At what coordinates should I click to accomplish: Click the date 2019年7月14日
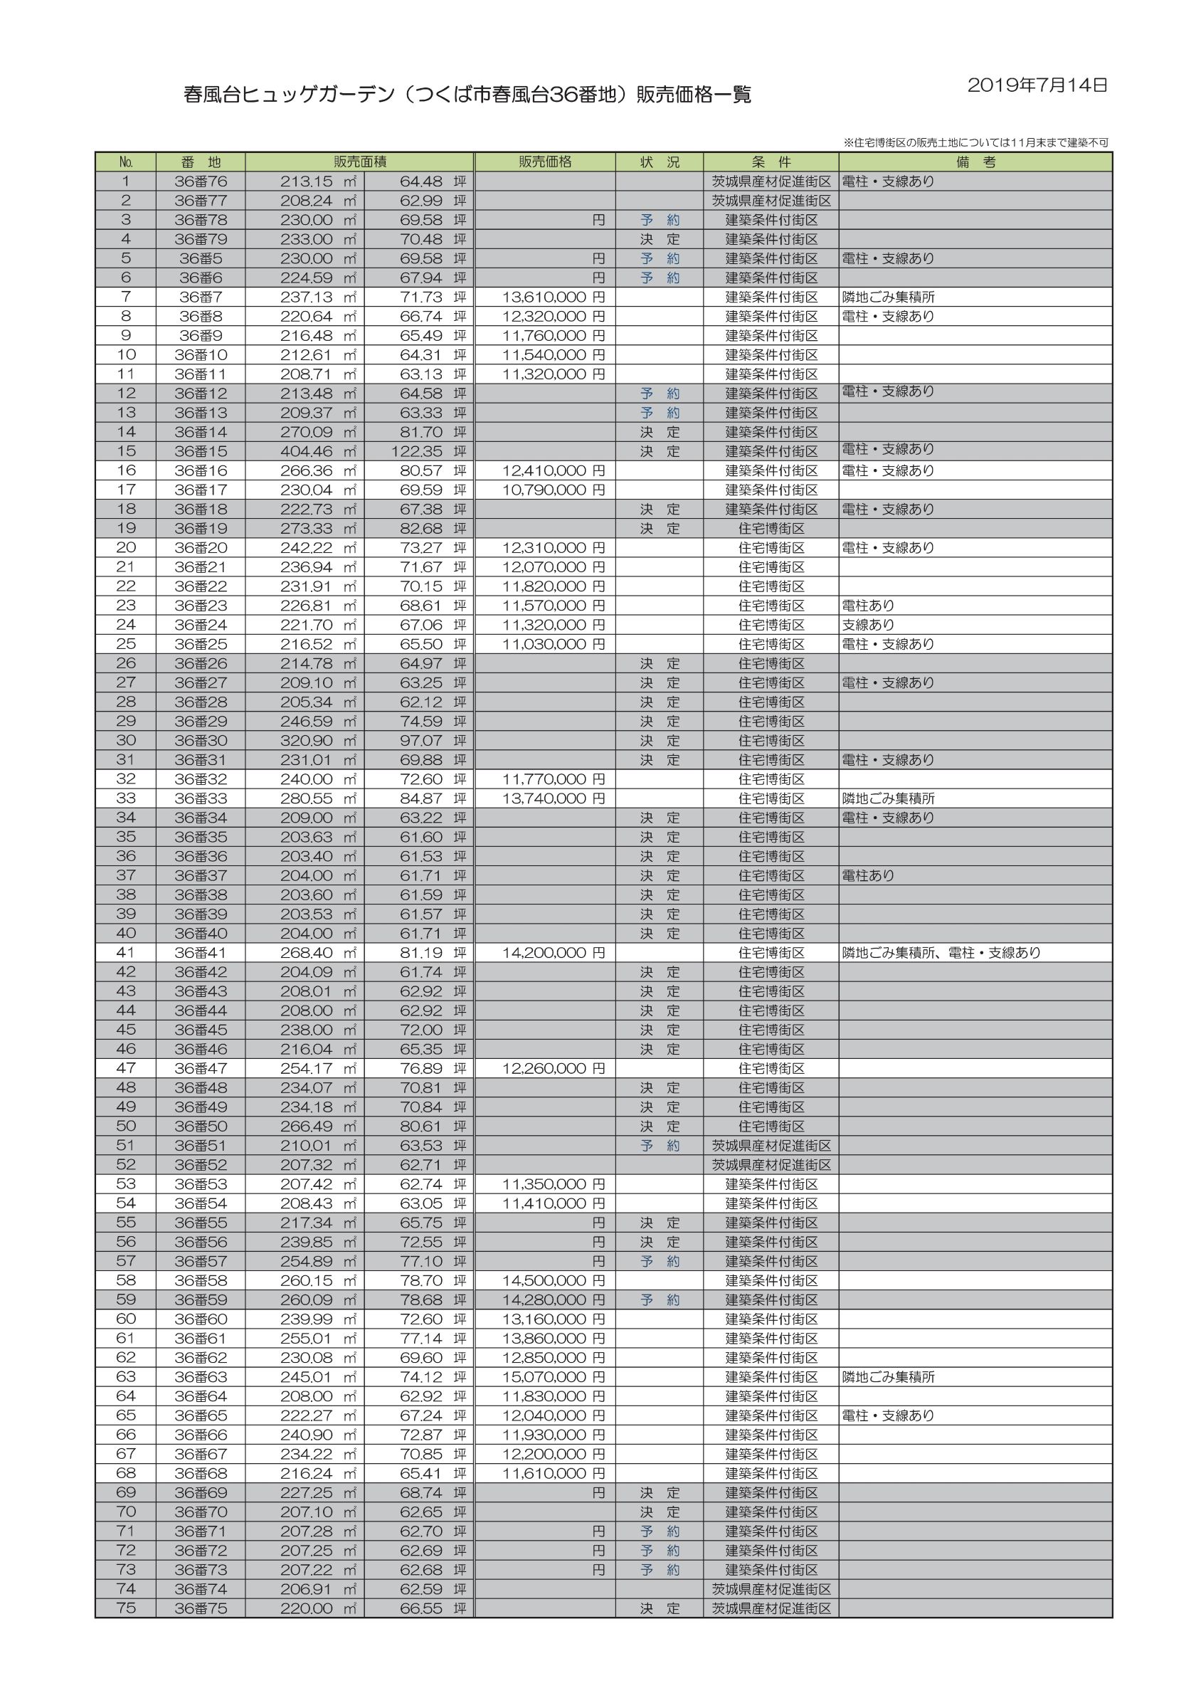click(1037, 85)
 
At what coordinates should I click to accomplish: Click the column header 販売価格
click(545, 162)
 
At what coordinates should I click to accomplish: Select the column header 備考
click(975, 162)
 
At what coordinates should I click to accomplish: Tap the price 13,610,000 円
click(553, 297)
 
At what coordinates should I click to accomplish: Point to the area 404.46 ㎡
click(319, 451)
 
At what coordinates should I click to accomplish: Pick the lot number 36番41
click(201, 953)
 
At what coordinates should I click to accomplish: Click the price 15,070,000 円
click(553, 1376)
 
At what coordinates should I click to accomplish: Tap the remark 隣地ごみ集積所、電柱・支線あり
click(941, 953)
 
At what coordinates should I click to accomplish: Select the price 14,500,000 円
click(553, 1281)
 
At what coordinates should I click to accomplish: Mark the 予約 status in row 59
click(660, 1300)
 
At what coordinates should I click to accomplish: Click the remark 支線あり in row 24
click(868, 625)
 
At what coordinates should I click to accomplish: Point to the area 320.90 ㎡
click(319, 740)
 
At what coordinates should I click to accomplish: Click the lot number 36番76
click(201, 181)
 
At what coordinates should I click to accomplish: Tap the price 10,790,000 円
click(553, 490)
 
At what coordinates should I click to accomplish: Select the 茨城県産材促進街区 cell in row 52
click(771, 1165)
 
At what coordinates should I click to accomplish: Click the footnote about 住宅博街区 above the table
click(975, 142)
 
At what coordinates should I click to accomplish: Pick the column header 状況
click(660, 162)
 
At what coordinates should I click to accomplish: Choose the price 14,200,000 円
click(553, 953)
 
